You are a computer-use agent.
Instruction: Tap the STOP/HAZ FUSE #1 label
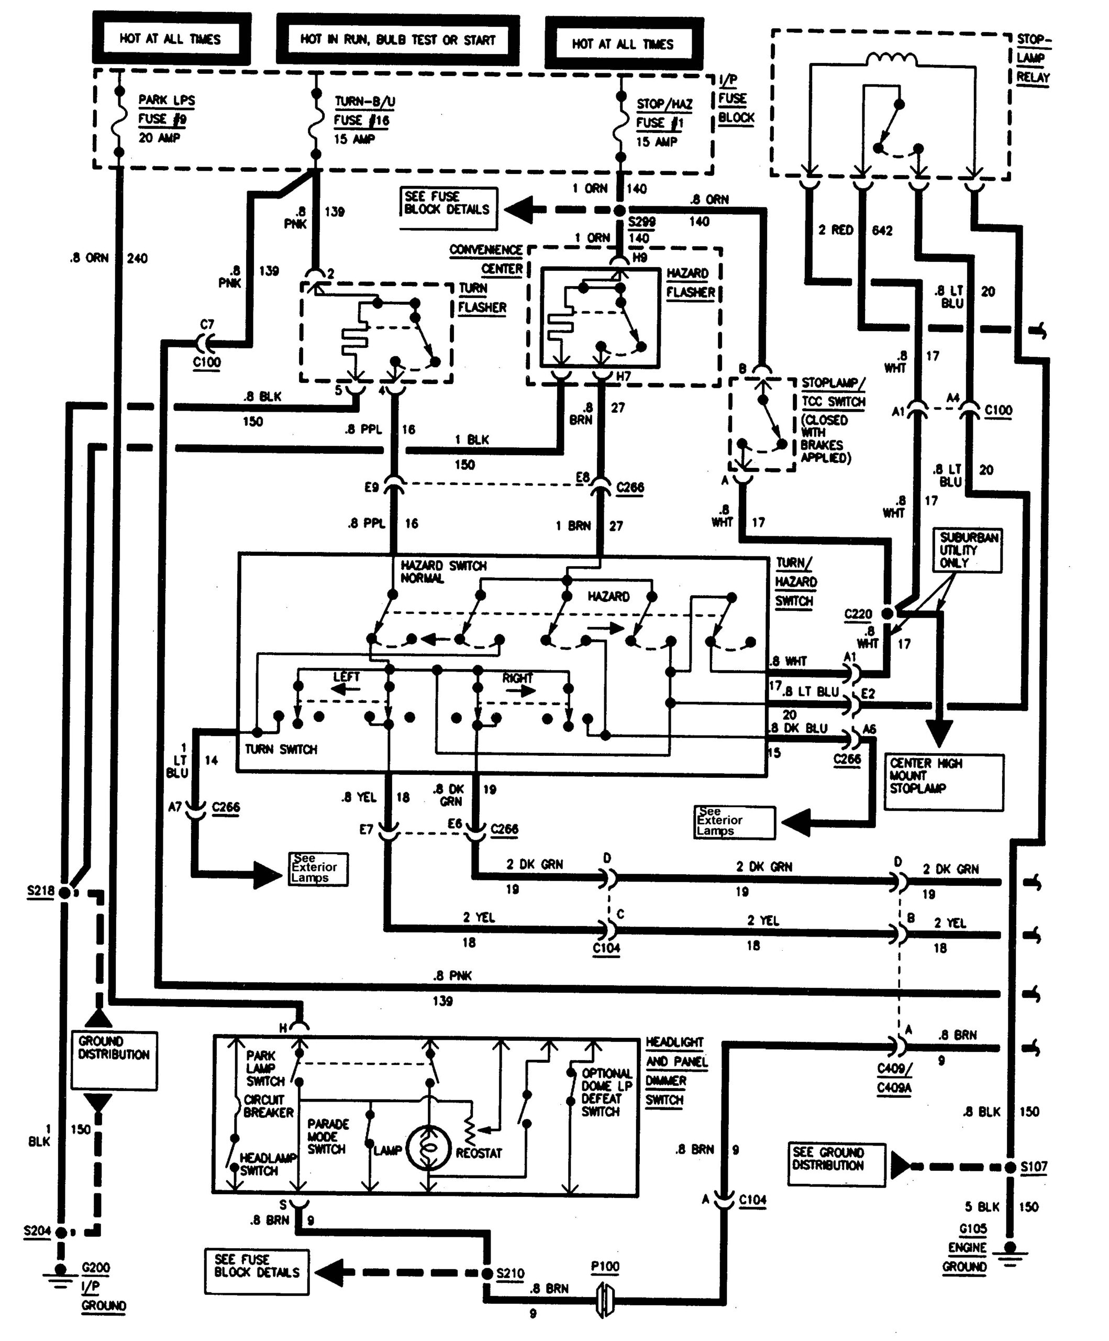pos(664,122)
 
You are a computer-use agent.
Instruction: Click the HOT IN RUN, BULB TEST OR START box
pos(398,40)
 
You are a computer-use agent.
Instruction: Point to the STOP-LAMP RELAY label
pos(1033,58)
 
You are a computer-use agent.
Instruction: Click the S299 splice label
pos(641,222)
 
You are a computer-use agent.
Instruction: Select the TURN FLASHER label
pos(481,298)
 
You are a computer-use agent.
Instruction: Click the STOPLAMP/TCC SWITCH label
pos(833,392)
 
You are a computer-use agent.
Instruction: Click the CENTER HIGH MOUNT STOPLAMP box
pos(943,782)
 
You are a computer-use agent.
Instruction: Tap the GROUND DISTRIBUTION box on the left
pos(114,1060)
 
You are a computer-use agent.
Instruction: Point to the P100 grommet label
pos(605,1266)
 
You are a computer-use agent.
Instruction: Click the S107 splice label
pos(1033,1167)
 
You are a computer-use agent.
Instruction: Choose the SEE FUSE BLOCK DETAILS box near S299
pos(448,207)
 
